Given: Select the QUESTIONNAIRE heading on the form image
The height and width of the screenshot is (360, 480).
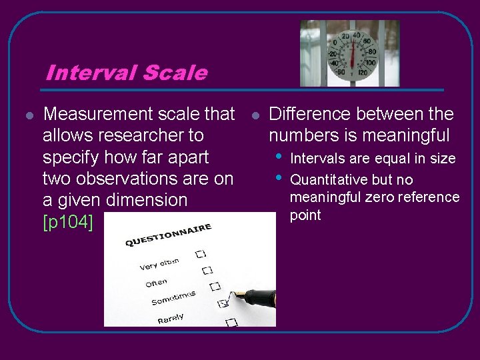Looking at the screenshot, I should click(169, 235).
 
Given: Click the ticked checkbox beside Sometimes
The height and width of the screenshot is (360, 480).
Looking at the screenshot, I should click(223, 303).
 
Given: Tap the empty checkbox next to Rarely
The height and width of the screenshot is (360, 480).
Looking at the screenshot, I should click(231, 322).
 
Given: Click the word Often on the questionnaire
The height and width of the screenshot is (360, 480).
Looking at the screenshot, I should click(157, 283).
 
